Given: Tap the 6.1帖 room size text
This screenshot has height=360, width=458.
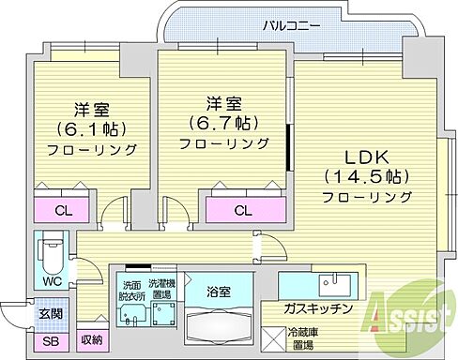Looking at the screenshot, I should pyautogui.click(x=93, y=127).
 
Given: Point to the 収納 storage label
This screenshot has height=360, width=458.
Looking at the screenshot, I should pyautogui.click(x=91, y=339).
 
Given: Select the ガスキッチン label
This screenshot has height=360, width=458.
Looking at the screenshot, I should pyautogui.click(x=319, y=308).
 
